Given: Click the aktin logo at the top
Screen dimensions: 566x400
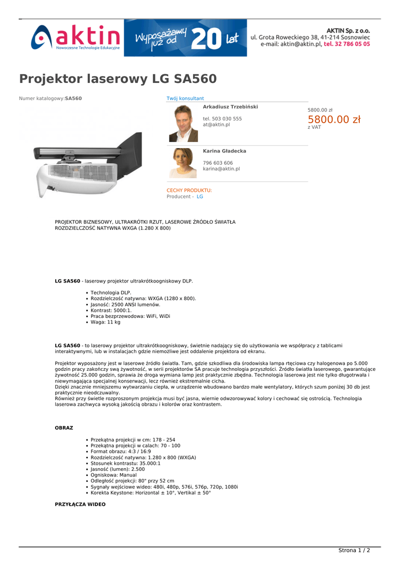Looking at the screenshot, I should point(76,38).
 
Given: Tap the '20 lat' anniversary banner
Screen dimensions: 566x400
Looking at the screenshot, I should point(185,38).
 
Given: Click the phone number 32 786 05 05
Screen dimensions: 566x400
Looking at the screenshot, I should point(346,44).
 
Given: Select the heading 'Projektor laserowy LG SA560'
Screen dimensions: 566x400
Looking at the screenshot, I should point(118,78).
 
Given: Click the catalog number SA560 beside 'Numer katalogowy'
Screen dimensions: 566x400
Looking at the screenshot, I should point(73,98).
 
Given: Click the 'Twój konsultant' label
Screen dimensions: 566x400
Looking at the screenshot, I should point(185,98).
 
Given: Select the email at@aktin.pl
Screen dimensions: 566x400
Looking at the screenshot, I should point(216,125).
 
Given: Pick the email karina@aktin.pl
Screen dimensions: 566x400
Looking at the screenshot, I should point(221,169).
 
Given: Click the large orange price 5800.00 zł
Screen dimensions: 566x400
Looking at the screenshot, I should point(334,119).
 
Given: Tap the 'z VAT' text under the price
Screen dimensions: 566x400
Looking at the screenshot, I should point(314,128).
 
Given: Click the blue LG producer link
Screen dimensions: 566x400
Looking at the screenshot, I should point(200,197).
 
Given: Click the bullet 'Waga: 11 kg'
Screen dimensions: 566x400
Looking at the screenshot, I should point(105,322).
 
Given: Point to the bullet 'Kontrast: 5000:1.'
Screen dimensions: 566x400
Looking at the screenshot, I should point(111,311).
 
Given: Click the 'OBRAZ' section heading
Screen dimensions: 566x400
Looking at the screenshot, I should point(63,428).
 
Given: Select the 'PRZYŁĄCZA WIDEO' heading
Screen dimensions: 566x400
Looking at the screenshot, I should point(80,505).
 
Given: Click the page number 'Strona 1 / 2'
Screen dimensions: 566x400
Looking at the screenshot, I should point(354,551).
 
